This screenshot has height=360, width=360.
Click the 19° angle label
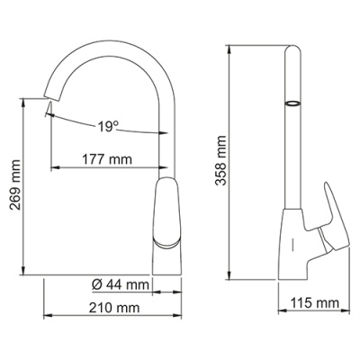(x=108, y=127)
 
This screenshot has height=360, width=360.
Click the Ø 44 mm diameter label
(x=119, y=285)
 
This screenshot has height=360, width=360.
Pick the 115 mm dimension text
(x=316, y=301)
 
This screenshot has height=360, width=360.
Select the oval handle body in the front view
(x=168, y=211)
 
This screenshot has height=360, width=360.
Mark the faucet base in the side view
(x=295, y=261)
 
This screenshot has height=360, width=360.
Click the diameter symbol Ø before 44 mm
(x=96, y=285)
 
